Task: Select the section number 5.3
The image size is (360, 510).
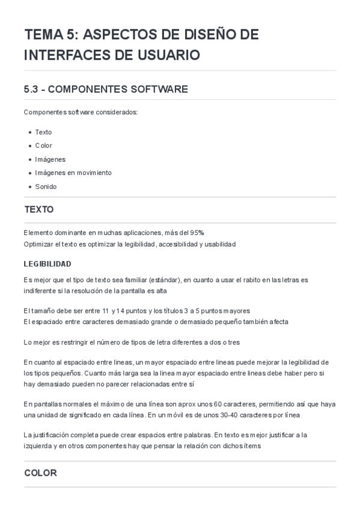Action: (31, 90)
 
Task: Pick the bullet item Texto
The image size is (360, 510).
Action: (43, 132)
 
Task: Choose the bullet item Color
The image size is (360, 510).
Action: (43, 146)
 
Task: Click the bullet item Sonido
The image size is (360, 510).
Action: (46, 186)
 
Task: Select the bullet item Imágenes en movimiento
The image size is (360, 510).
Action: (73, 173)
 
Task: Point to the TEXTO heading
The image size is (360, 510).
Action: (39, 210)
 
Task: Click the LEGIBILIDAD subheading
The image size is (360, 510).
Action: (47, 264)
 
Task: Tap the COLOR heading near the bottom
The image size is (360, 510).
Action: (40, 473)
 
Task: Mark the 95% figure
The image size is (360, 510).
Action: (198, 232)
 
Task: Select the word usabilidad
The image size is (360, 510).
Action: (219, 244)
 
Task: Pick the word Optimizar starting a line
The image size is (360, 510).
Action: (38, 244)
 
